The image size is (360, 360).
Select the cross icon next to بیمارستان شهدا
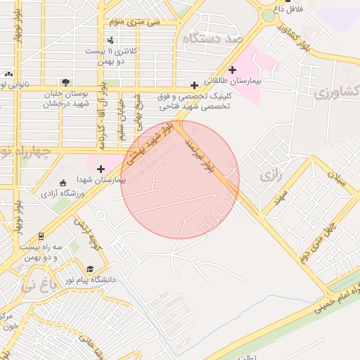pos(101,169)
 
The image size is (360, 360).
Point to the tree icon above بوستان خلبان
pos(65,82)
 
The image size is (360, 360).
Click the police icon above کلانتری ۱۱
pos(110,40)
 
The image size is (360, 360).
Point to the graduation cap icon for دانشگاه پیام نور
pos(90,269)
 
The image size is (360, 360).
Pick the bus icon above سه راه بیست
pos(41,236)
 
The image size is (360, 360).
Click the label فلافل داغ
pos(286,10)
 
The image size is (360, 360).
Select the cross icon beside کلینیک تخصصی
pos(194,85)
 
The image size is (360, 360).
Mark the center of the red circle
pos(180,179)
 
